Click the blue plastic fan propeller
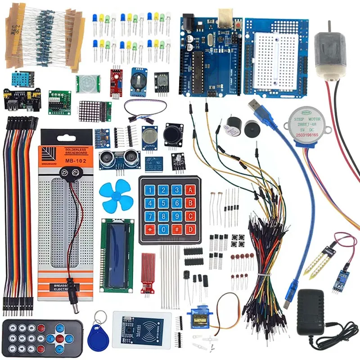[x=114, y=195]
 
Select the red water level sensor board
[x=148, y=270]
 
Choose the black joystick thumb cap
[x=174, y=133]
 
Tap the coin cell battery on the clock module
[x=139, y=80]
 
